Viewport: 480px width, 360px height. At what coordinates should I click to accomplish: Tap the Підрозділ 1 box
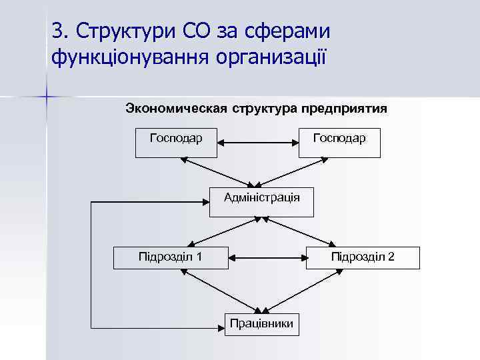click(x=171, y=257)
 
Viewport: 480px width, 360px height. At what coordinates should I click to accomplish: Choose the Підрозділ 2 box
click(x=363, y=257)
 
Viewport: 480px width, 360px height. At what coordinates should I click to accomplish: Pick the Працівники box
click(x=262, y=323)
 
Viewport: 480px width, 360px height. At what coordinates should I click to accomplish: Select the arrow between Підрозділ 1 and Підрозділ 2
click(x=267, y=256)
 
